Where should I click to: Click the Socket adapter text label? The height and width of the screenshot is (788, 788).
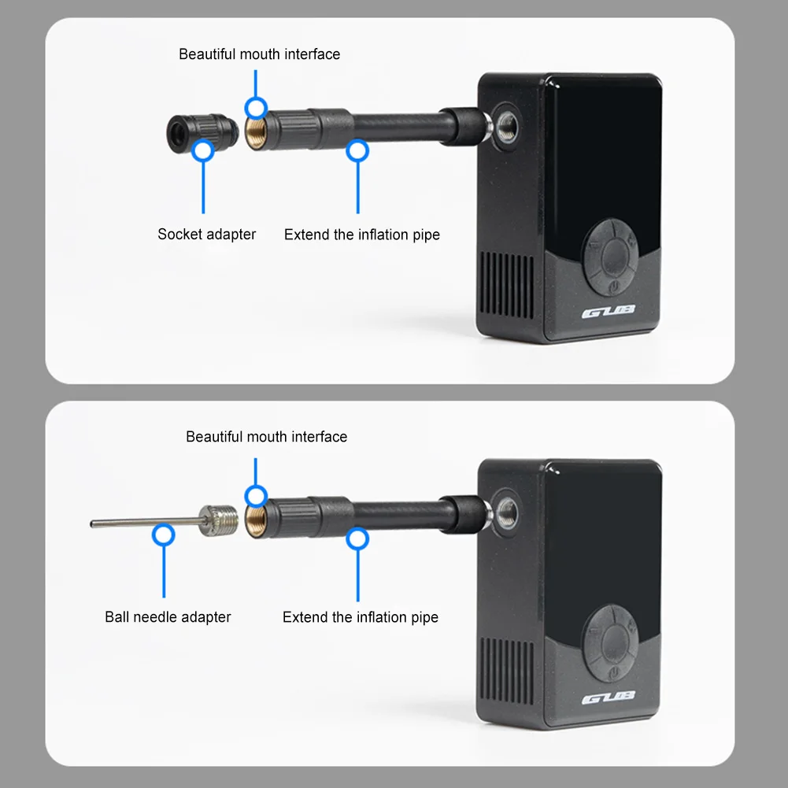coord(206,235)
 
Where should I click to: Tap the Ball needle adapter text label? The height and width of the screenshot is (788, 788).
coord(168,617)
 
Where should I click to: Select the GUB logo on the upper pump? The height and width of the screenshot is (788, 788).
coord(609,313)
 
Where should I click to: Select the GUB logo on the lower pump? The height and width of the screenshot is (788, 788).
coord(609,698)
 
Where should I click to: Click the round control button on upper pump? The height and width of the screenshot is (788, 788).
coord(609,253)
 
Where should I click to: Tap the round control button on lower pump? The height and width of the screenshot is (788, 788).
coord(609,638)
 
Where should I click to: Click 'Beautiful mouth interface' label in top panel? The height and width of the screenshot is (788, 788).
coord(259,54)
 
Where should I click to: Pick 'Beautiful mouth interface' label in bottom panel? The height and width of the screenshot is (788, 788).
coord(266,437)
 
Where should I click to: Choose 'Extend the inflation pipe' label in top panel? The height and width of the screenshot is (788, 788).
coord(361,235)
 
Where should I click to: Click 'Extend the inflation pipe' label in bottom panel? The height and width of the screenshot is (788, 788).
coord(360,617)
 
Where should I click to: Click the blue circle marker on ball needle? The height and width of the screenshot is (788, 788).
coord(164,535)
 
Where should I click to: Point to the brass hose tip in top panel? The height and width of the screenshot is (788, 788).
coord(255,128)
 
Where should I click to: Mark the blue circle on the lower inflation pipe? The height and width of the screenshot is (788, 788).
coord(358,538)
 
